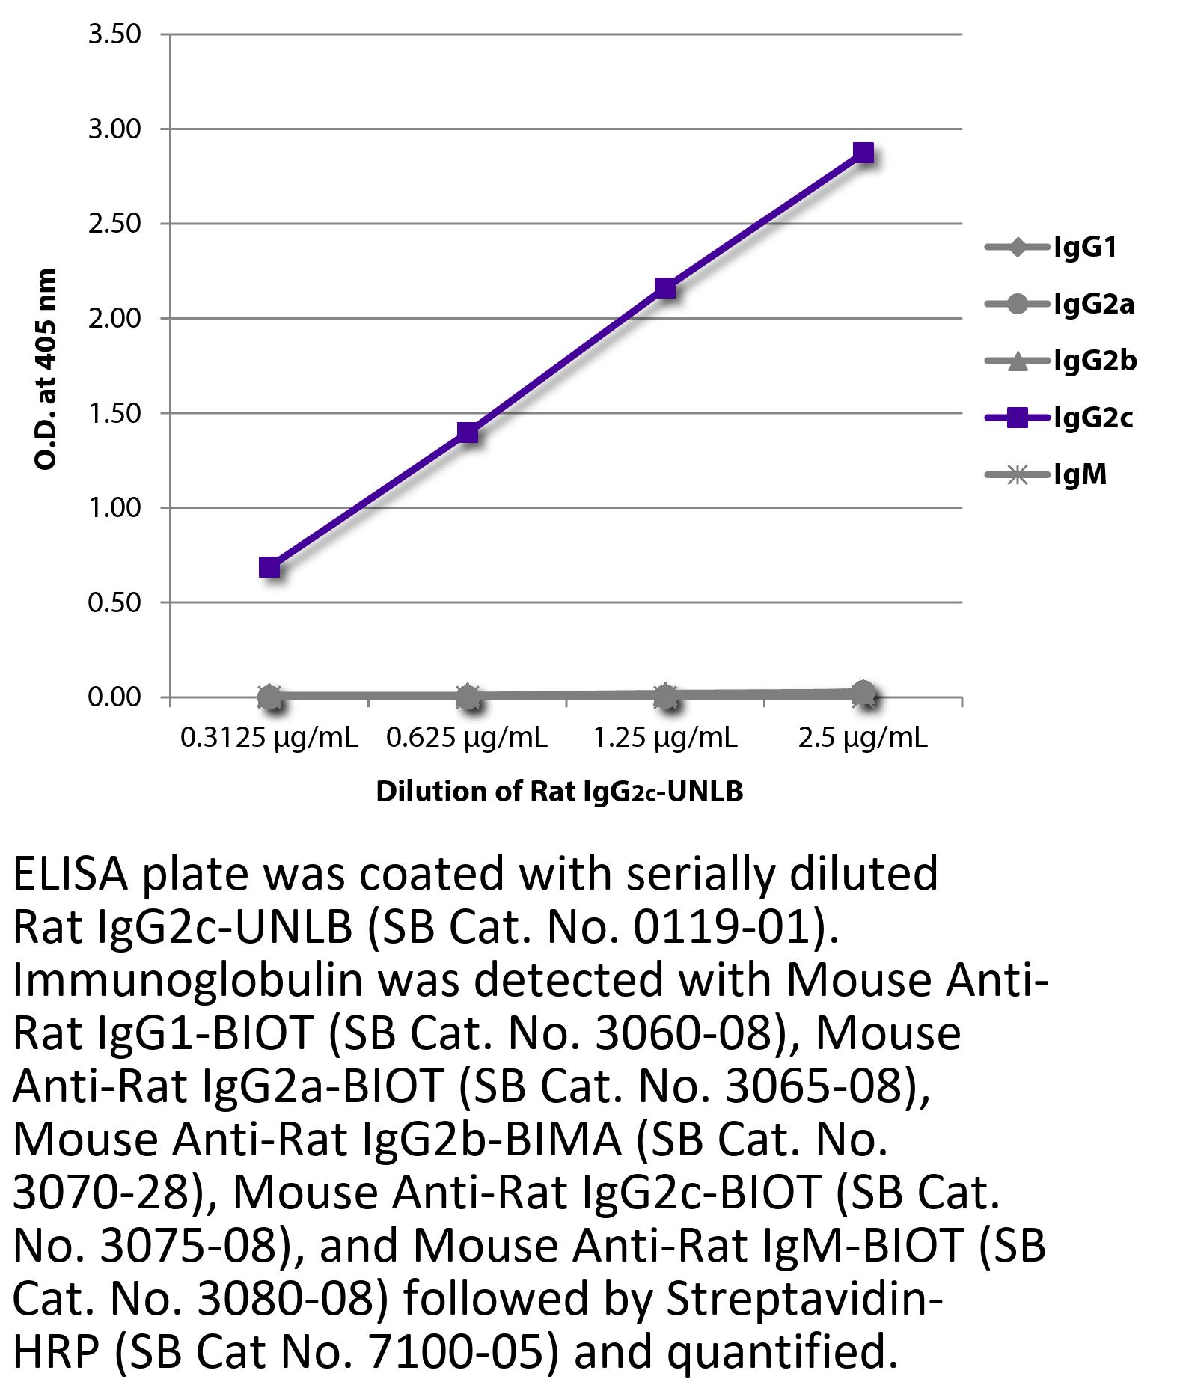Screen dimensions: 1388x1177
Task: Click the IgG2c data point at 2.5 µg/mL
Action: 863,153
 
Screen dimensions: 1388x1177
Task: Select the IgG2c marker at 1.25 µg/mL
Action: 665,287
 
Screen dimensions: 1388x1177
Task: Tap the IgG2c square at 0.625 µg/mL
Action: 468,432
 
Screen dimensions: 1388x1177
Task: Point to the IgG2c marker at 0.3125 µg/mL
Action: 270,567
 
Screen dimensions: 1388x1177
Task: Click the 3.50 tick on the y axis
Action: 114,34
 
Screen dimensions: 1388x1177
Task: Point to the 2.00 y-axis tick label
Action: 114,319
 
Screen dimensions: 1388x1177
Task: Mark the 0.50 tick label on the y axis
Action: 114,602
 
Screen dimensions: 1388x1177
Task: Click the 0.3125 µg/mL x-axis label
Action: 269,738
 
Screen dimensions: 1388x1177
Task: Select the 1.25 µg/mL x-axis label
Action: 665,738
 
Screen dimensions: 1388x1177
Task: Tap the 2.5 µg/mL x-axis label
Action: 863,738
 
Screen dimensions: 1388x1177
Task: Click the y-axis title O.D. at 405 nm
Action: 46,368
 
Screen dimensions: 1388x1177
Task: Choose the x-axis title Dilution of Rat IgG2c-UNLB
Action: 559,792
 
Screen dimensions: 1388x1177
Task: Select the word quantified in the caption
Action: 781,1352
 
